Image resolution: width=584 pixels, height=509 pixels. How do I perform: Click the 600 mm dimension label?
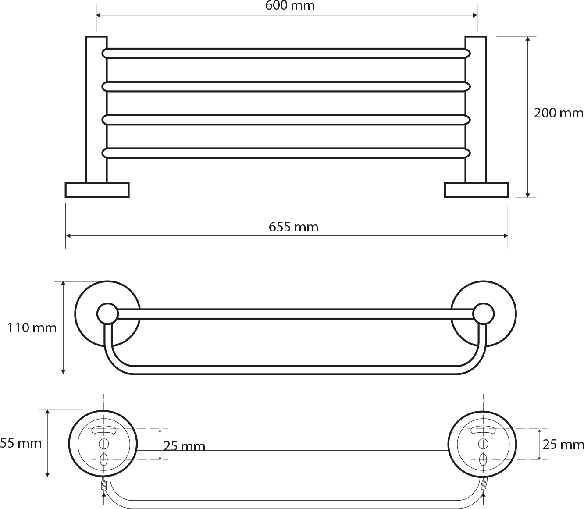[x=290, y=5]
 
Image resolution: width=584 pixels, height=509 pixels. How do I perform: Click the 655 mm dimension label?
[x=293, y=227]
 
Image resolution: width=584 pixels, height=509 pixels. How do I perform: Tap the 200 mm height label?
[x=558, y=113]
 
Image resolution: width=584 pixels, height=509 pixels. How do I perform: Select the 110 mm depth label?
[x=32, y=328]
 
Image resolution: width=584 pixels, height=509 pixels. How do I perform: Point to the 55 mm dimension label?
[x=21, y=443]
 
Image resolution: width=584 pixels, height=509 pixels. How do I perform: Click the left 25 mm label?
[x=185, y=446]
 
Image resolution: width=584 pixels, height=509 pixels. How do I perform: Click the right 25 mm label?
[x=563, y=445]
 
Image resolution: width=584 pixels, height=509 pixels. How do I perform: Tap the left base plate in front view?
[x=97, y=190]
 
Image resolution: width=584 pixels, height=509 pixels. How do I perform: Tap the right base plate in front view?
[x=477, y=190]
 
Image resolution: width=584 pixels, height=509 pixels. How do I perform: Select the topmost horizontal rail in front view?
[x=286, y=53]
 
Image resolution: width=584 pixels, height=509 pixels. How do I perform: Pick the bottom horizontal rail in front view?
[x=286, y=153]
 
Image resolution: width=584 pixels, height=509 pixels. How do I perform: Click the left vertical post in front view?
[x=96, y=109]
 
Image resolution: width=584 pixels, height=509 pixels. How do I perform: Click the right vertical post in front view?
[x=476, y=109]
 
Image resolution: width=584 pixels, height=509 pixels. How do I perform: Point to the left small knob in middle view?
[x=107, y=314]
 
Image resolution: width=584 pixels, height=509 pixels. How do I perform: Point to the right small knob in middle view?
[x=483, y=314]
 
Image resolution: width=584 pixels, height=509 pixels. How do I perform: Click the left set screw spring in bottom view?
[x=104, y=485]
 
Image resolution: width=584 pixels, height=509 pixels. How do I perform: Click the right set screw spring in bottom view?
[x=483, y=485]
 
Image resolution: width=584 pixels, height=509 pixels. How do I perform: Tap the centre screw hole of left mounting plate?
[x=103, y=444]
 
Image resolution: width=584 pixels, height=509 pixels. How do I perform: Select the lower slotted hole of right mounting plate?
[x=483, y=460]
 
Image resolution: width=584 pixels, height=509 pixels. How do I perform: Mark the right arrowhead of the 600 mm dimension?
[x=475, y=15]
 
